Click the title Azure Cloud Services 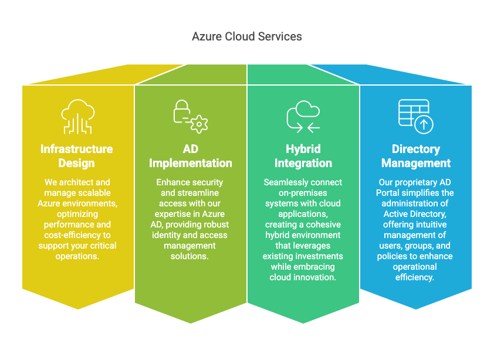point(247,36)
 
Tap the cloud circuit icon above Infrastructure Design point(77,116)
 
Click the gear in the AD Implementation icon point(200,124)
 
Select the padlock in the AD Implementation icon point(182,111)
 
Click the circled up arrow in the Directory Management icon point(423,124)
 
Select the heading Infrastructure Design point(76,156)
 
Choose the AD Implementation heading point(191,156)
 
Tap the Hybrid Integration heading point(303,156)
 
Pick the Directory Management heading point(416,156)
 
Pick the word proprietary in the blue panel point(414,182)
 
